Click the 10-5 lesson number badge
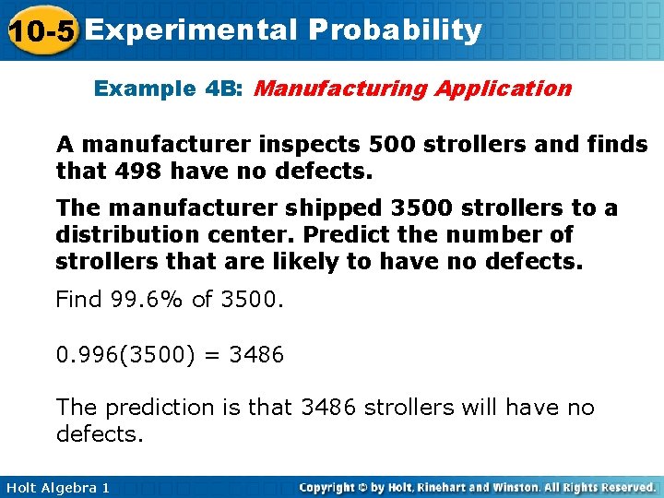click(x=38, y=30)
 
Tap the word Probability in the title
click(x=396, y=30)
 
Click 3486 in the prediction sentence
click(x=330, y=408)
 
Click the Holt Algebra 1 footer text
click(x=56, y=487)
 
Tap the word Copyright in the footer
click(x=329, y=487)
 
